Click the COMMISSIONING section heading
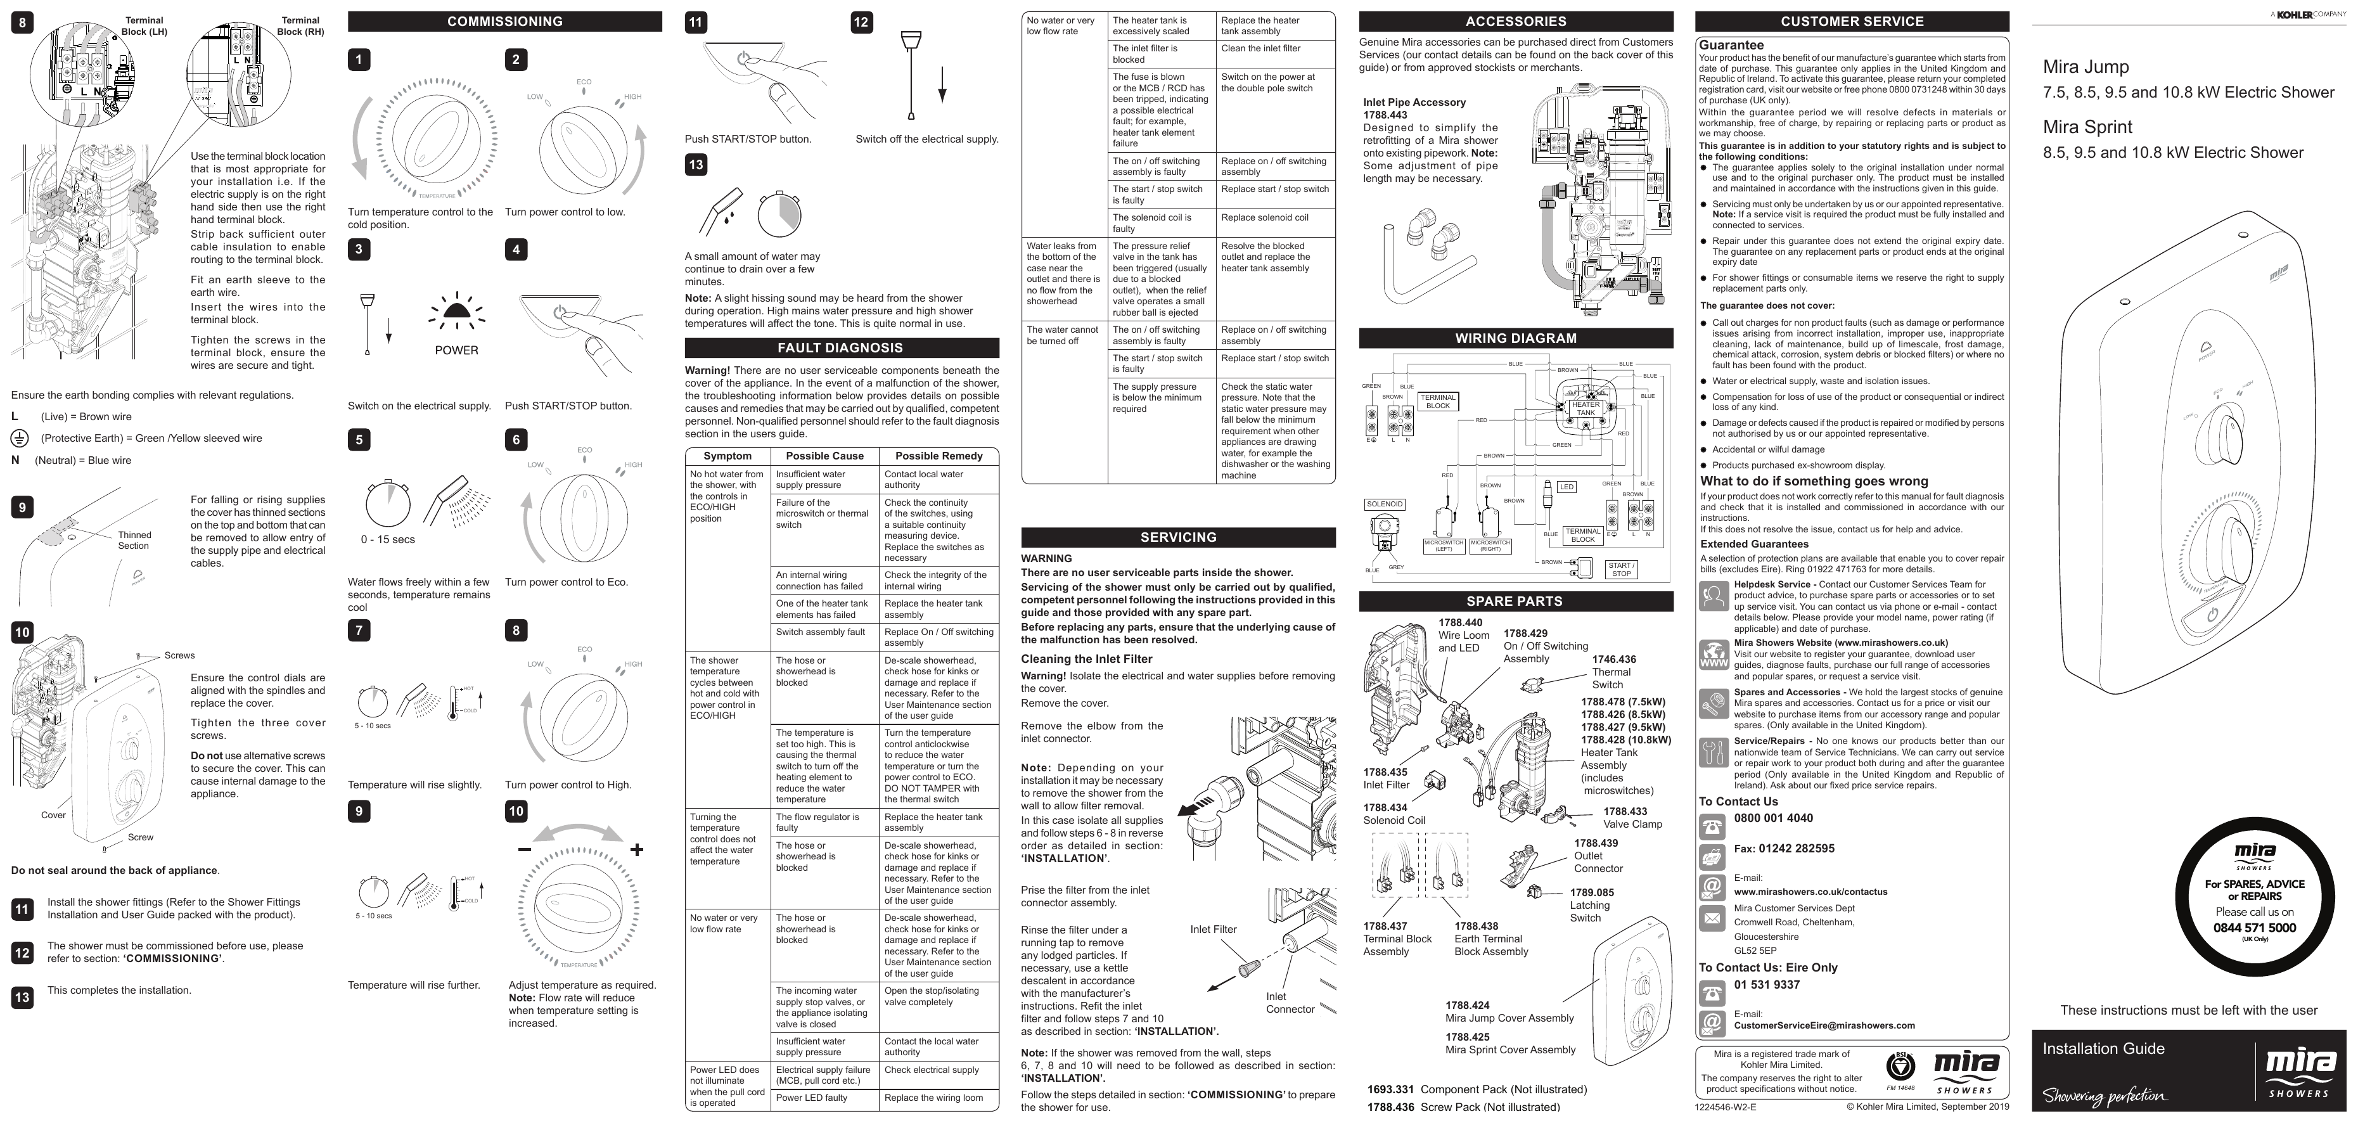pos(504,21)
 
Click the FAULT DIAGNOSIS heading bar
pos(840,348)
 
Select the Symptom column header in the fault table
pos(727,456)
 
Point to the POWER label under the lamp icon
pos(456,350)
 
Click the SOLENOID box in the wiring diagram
pos(1384,504)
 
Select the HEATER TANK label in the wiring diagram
pos(1586,408)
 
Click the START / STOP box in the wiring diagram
pos(1621,569)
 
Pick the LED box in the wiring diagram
pos(1567,487)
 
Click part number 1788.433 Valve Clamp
pos(1625,812)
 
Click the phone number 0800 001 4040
pos(1773,818)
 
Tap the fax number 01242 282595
pos(1783,849)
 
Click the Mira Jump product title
pos(2086,67)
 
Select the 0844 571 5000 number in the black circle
pos(2253,927)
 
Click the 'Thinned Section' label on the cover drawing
pos(134,540)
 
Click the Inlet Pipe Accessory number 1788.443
pos(1385,115)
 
